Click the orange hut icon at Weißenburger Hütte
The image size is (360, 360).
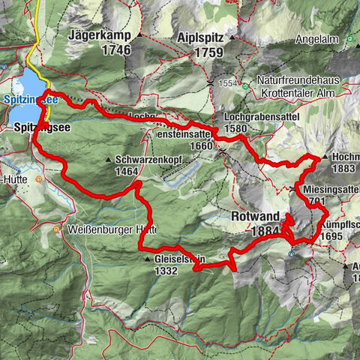click(x=58, y=229)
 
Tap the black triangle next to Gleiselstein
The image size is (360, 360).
click(x=148, y=259)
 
